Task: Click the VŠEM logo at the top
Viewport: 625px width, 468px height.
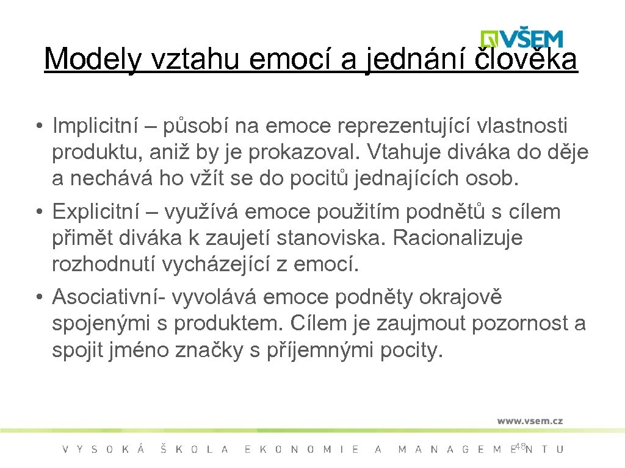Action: coord(521,38)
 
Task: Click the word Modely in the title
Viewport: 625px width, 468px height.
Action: coord(92,59)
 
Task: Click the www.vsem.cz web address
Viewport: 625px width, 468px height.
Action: coord(530,420)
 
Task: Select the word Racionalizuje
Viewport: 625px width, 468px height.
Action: coord(458,238)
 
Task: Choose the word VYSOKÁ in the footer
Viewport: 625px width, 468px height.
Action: coord(104,449)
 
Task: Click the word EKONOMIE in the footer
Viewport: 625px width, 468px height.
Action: coord(302,449)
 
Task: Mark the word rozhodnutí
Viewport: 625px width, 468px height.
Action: coord(106,264)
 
